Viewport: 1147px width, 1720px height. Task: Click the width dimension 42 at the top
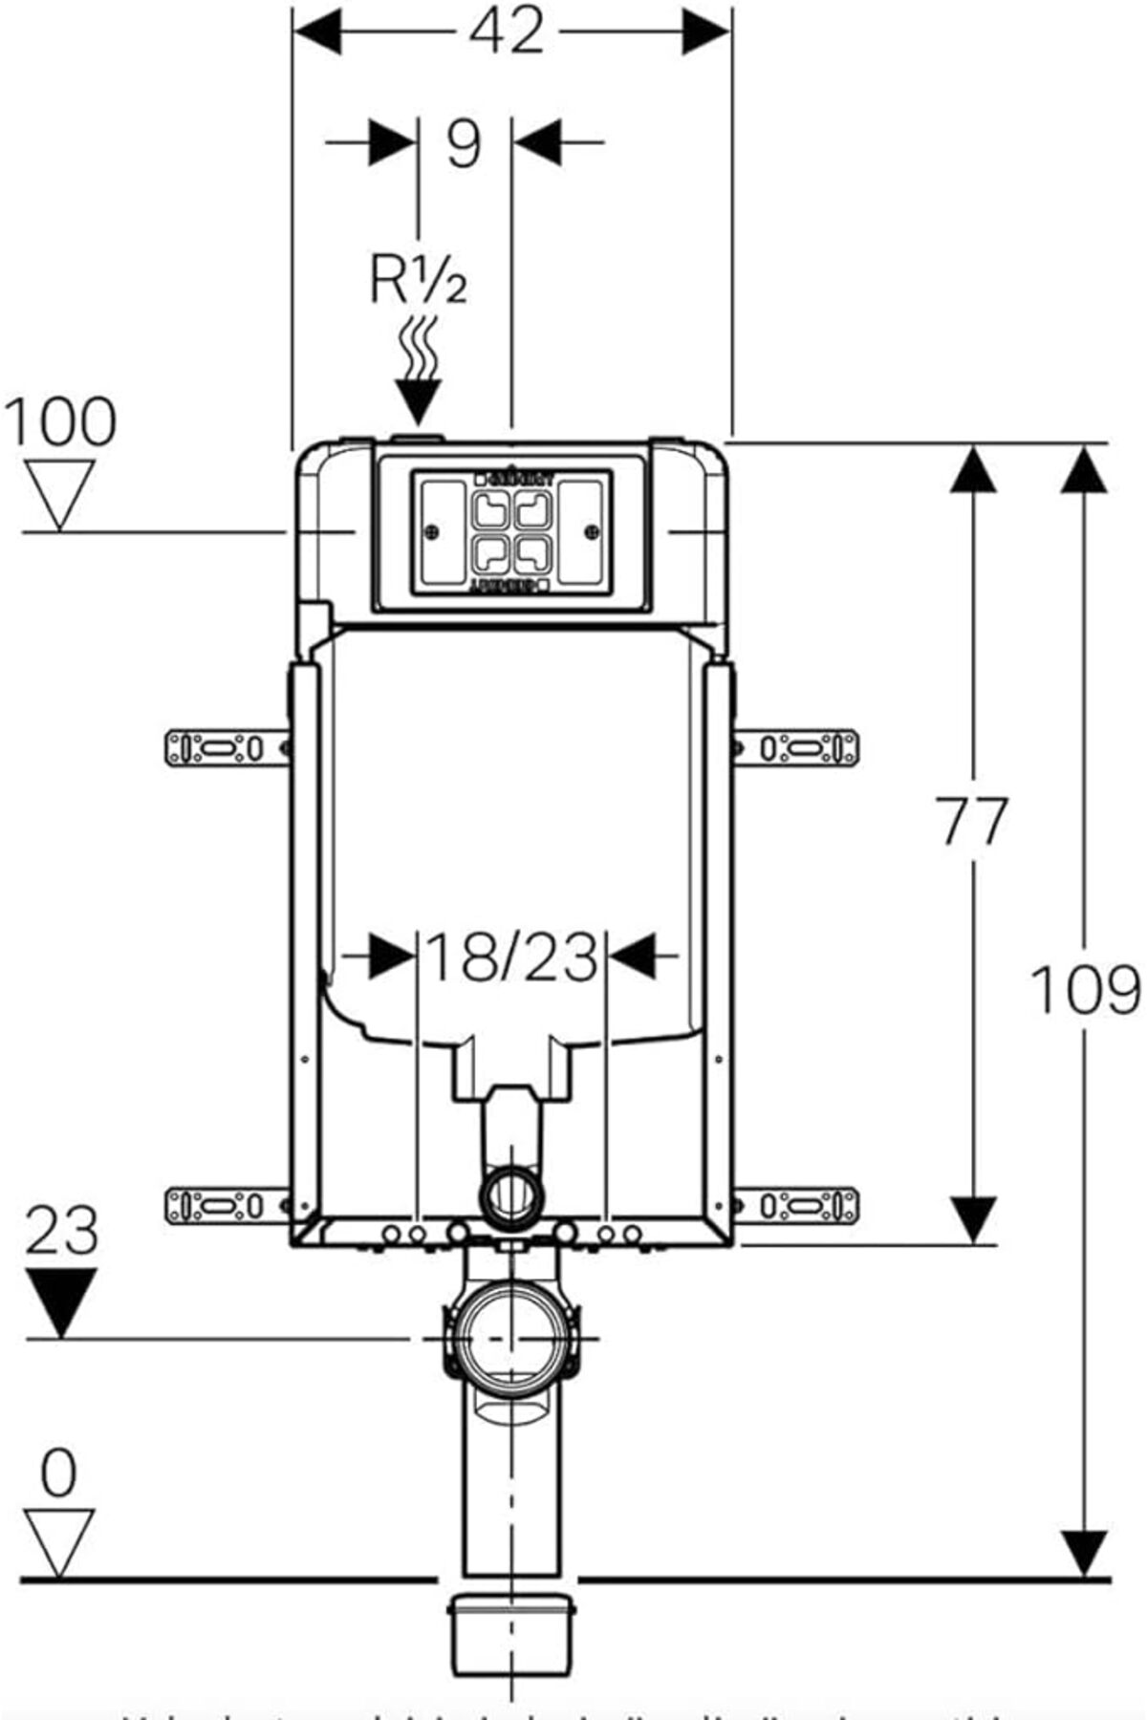(x=507, y=31)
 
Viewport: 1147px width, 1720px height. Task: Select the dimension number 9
(x=464, y=143)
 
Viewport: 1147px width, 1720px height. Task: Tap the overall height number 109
(x=1085, y=990)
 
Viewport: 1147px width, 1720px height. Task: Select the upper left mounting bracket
(x=227, y=747)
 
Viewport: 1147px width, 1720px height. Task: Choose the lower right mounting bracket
(x=796, y=1205)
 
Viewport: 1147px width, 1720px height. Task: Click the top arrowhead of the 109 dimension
(x=1085, y=468)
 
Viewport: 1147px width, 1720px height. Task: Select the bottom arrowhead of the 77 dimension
(x=972, y=1219)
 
